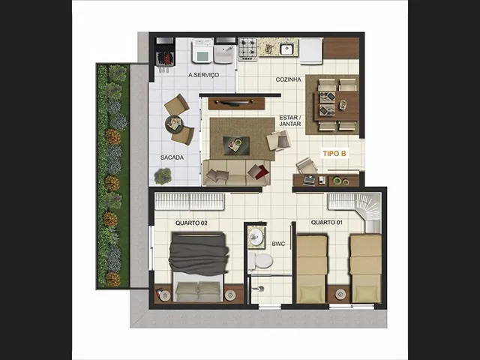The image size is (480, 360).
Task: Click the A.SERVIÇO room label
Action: (203, 75)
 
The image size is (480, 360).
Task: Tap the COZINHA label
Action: (288, 79)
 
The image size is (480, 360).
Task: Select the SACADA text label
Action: (172, 157)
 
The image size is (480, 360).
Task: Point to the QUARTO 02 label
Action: (191, 223)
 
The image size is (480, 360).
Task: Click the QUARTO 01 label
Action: (327, 223)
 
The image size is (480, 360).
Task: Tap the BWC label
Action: (278, 244)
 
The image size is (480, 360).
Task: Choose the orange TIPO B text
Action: (334, 154)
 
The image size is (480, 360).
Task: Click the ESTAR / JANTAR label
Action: (290, 121)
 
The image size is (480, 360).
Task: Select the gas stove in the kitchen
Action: (247, 49)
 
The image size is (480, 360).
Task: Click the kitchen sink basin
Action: (287, 48)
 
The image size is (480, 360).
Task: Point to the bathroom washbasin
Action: (255, 236)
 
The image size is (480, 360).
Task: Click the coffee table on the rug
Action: (236, 145)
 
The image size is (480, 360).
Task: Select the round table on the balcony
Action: (174, 124)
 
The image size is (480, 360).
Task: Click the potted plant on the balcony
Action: (162, 176)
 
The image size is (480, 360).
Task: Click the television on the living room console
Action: (235, 103)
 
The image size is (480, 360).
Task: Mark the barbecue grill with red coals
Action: (166, 58)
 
